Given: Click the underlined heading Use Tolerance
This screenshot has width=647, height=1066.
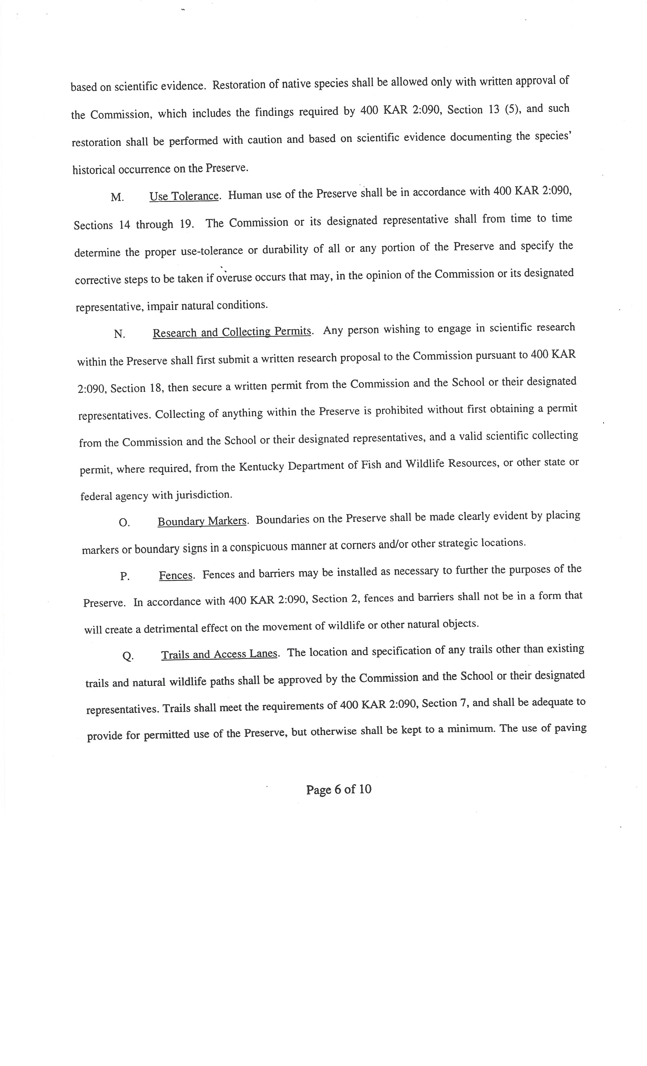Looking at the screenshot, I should coord(184,196).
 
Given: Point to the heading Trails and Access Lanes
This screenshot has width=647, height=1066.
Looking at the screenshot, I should coord(219,654).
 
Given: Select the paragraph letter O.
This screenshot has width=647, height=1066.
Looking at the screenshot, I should coord(124,523).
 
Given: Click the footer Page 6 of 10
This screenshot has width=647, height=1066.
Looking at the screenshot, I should coord(339,790).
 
